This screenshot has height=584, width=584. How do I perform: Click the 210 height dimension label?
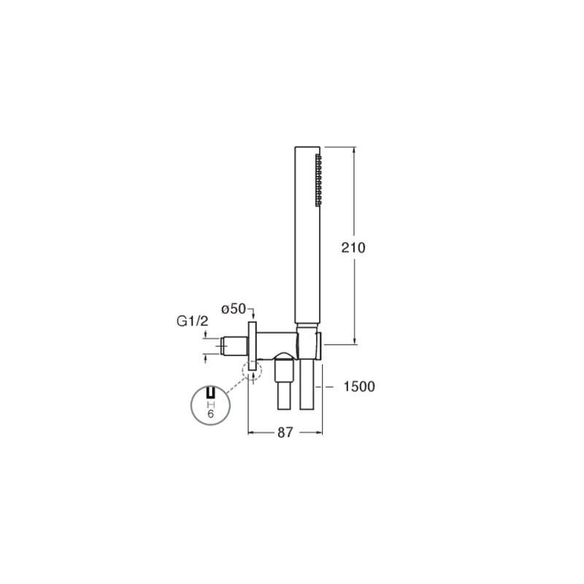[353, 247]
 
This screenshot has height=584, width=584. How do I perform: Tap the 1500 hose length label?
[358, 387]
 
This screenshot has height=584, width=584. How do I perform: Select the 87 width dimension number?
[285, 432]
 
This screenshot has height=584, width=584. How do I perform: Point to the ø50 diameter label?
[234, 309]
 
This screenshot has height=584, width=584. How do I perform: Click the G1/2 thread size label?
[193, 321]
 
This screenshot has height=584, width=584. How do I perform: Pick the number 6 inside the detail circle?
[210, 414]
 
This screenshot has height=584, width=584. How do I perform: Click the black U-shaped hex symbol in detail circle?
[211, 393]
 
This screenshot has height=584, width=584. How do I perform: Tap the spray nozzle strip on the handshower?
[318, 180]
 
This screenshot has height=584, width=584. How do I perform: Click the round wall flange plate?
[252, 346]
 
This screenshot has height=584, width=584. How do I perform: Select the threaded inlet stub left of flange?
[234, 346]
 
